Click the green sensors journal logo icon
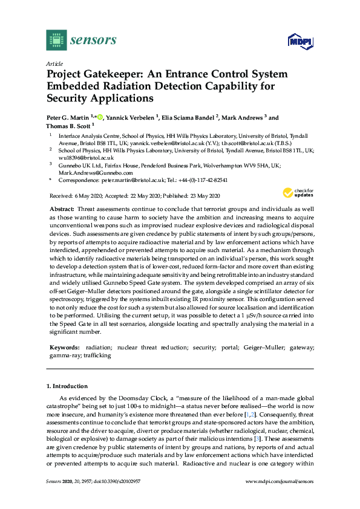tap(56, 40)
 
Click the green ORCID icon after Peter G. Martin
tap(100, 116)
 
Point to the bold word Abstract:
tap(62, 208)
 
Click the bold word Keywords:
tap(64, 348)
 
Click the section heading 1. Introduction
tap(67, 386)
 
